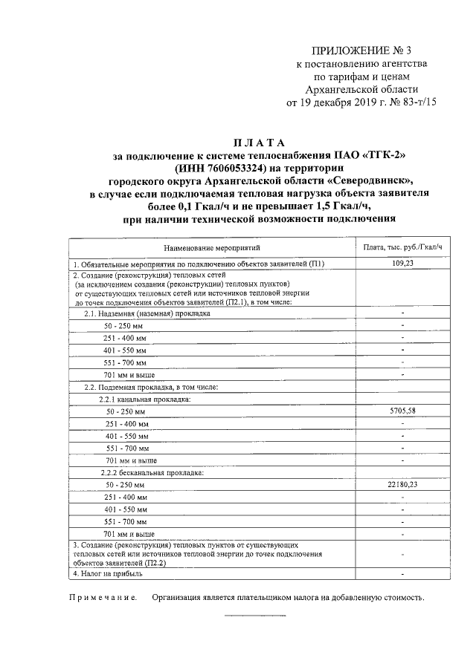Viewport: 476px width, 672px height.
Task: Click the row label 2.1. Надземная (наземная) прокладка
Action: (147, 313)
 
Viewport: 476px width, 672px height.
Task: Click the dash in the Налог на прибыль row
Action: (402, 574)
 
